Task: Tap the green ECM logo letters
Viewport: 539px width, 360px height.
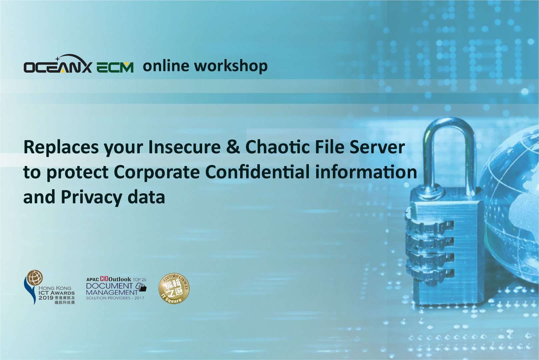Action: (115, 68)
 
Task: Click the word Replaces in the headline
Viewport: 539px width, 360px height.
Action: (61, 147)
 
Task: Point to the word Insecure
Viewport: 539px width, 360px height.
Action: (184, 147)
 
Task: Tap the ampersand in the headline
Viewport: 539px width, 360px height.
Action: (233, 147)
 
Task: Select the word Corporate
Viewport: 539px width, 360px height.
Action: (157, 172)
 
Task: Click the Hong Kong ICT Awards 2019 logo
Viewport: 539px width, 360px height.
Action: (49, 287)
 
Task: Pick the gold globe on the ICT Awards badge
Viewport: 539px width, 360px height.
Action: (35, 278)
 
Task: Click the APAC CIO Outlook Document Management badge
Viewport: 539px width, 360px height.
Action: (116, 288)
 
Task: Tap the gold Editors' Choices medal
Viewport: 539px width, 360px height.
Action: (174, 289)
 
